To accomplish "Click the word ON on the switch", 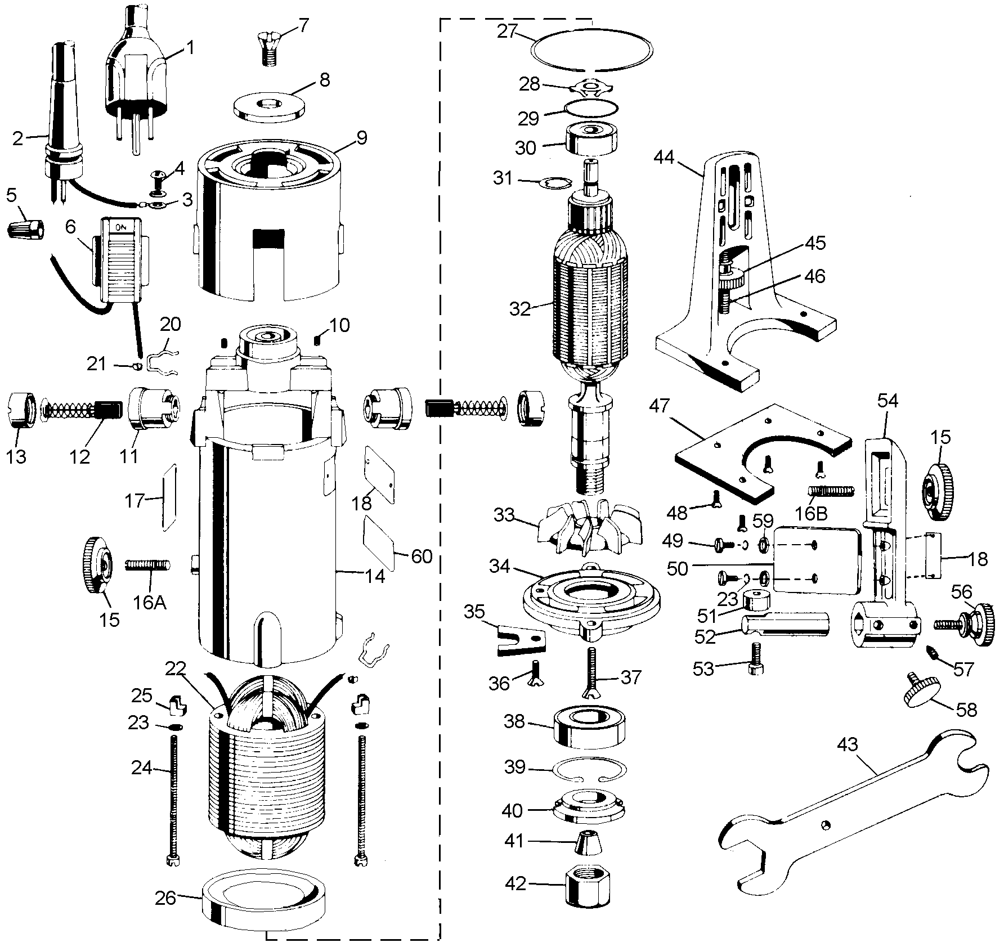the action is click(x=121, y=227).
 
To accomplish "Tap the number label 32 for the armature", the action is click(x=521, y=309).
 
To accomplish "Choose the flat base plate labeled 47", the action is click(x=761, y=452).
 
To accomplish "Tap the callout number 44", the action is click(x=664, y=158).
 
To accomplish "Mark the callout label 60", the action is click(x=422, y=556).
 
